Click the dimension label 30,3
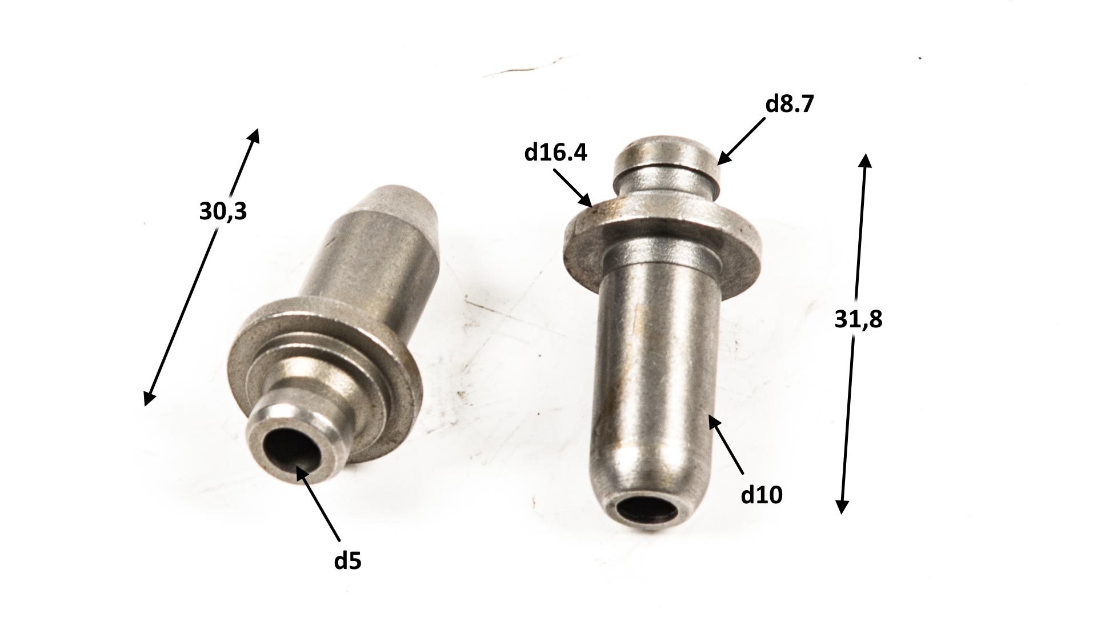coord(223,212)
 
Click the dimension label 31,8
coord(858,320)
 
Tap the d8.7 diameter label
coord(789,105)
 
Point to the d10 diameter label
coord(762,495)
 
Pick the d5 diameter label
coord(348,561)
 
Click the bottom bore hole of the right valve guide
coord(649,508)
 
